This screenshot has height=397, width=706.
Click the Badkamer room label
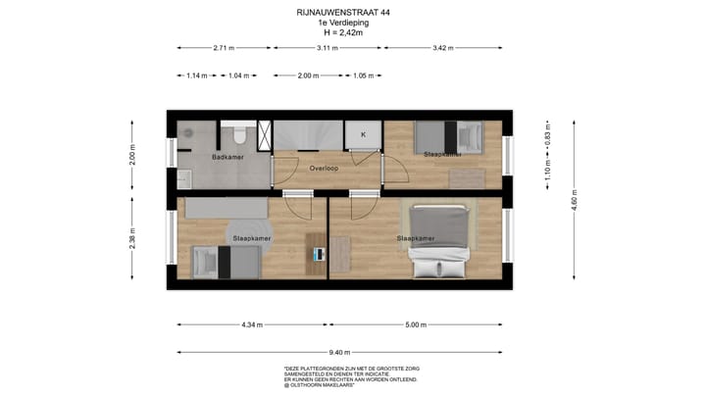(227, 157)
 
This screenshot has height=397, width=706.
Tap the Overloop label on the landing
(325, 169)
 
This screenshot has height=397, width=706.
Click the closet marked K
(363, 134)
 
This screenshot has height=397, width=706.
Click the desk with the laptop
(318, 254)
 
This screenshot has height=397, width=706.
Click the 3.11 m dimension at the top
(328, 47)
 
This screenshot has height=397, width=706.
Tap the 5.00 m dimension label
(416, 324)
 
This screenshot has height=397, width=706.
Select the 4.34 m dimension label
(252, 324)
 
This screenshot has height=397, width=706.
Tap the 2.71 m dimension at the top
(224, 47)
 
